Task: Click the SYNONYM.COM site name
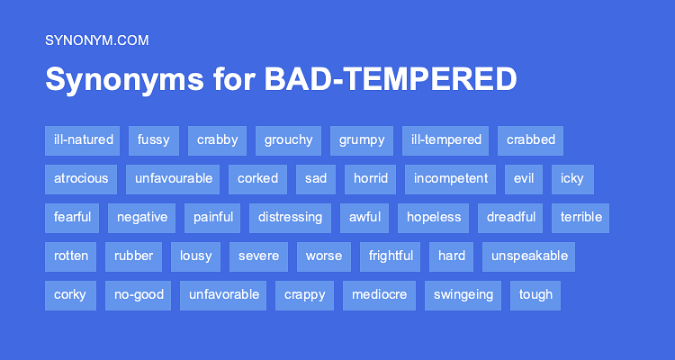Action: point(96,40)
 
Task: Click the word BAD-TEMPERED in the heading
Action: point(390,79)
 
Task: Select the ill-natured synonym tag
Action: point(84,139)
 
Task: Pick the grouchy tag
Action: point(288,139)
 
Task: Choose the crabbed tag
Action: point(530,139)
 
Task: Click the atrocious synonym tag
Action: point(81,178)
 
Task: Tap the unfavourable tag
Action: point(174,178)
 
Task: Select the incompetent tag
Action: point(451,178)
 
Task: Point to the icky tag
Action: point(571,178)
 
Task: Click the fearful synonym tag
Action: point(72,217)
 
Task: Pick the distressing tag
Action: point(290,217)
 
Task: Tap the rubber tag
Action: point(133,256)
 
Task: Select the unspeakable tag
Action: point(529,256)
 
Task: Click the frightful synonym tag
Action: point(391,256)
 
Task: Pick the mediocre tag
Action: point(379,294)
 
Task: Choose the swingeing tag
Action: point(463,294)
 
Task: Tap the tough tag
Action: point(535,294)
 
